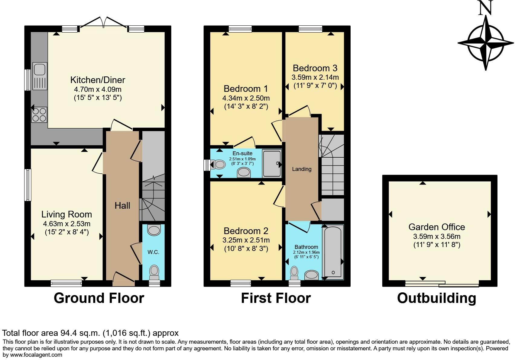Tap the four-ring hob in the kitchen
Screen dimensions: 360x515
39,115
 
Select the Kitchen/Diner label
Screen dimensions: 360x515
98,80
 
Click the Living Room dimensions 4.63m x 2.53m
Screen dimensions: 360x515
66,224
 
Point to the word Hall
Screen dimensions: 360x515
122,206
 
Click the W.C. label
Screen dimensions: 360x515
153,252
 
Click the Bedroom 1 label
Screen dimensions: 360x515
246,89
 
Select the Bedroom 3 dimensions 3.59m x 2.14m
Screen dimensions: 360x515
315,77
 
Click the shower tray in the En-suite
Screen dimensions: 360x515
272,163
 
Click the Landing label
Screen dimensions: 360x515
302,169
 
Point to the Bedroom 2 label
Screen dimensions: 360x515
246,231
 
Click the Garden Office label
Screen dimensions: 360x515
437,227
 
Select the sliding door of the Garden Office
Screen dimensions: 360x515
442,284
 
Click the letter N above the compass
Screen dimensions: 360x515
486,8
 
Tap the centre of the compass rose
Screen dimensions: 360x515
486,43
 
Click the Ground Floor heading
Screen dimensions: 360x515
99,298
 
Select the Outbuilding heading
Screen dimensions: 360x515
436,298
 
